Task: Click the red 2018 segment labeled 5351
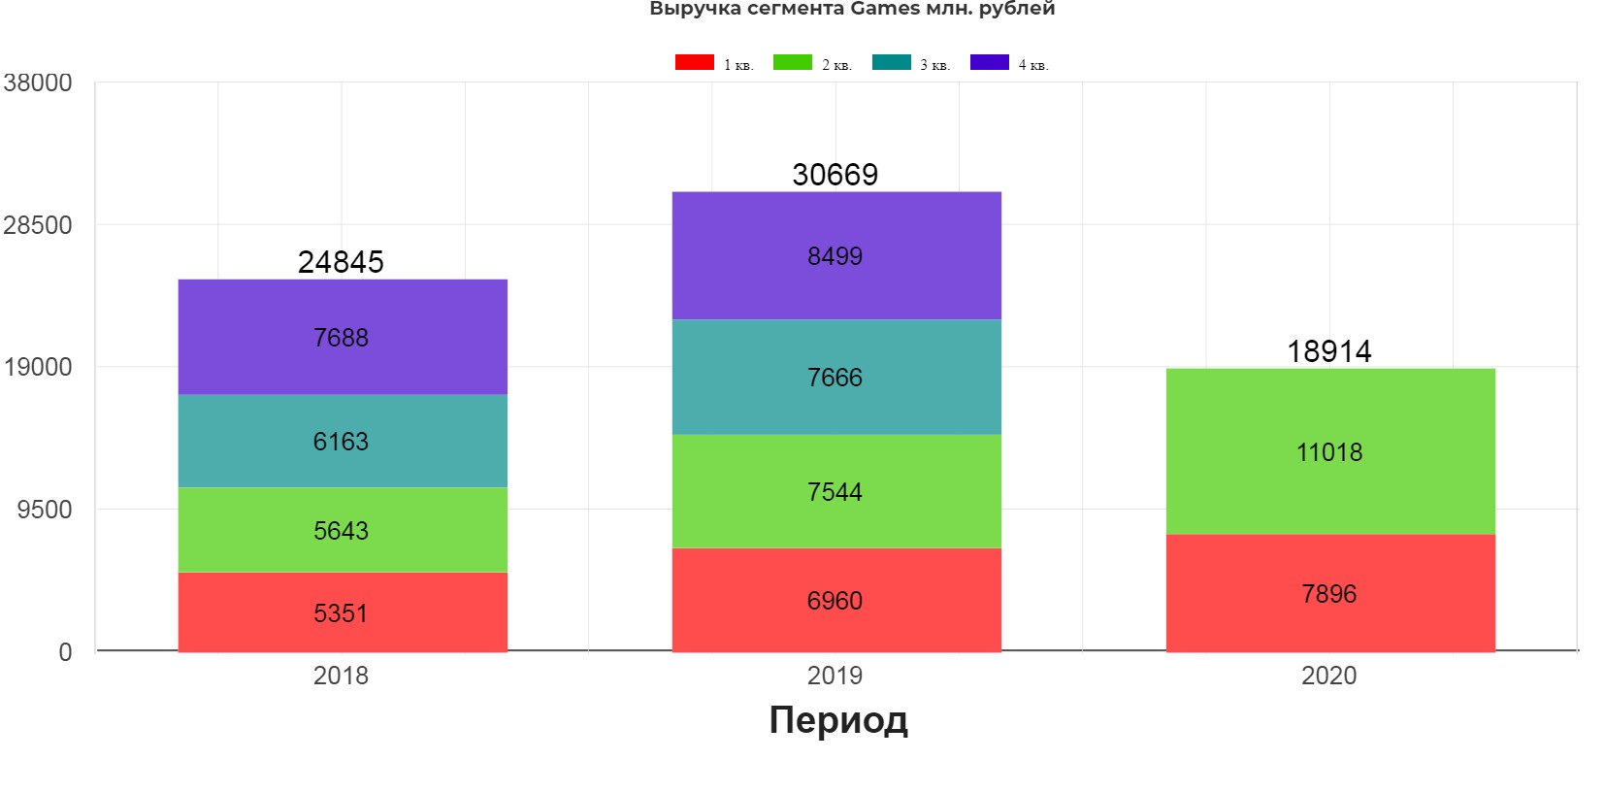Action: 342,612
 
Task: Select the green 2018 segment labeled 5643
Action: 342,530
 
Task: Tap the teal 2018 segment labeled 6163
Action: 342,441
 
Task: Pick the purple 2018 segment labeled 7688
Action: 342,337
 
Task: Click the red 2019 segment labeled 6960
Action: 835,600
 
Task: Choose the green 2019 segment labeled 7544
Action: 835,491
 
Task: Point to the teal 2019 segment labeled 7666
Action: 835,377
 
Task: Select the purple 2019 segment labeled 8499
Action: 835,255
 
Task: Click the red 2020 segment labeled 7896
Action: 1329,593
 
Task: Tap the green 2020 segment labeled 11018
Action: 1329,451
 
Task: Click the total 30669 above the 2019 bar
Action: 835,175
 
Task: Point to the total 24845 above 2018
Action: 341,262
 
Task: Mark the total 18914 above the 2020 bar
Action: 1329,351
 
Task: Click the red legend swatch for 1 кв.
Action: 695,63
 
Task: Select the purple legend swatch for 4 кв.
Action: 990,63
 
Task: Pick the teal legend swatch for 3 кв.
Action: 892,63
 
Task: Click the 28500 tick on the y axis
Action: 38,225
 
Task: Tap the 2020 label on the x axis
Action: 1329,676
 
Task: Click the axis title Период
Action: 838,720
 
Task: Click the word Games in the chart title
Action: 885,9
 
